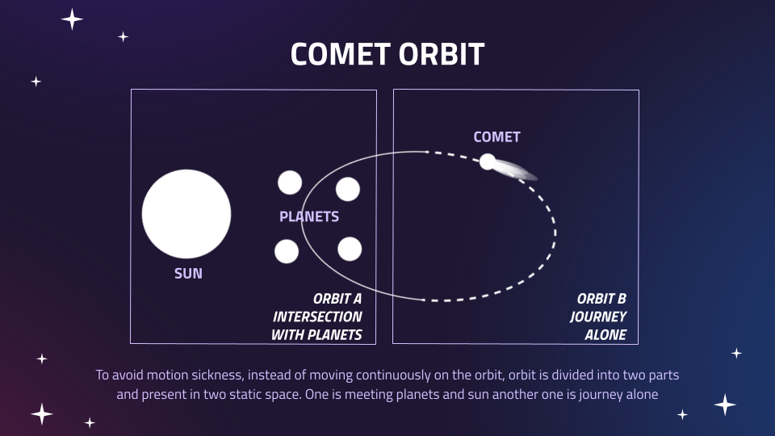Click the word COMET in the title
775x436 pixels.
pos(340,54)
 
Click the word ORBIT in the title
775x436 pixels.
pos(442,54)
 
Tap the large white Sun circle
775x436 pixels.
pos(186,214)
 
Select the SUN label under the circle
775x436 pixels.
pos(188,274)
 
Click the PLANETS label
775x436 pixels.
pos(309,216)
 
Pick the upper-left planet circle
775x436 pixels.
pos(290,183)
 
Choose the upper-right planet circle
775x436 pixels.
pos(347,189)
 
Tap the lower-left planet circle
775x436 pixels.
pos(286,251)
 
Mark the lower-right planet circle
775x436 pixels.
pos(350,249)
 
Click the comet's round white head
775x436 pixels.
pos(488,161)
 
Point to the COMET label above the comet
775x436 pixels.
pos(496,137)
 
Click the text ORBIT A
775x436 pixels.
pos(337,299)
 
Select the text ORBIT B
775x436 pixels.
pos(601,299)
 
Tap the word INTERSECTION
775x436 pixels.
pos(317,317)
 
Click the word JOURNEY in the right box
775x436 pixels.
pos(598,317)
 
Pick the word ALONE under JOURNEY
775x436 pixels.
pos(605,334)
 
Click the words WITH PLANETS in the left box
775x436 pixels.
pos(316,334)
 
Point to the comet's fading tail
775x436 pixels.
pos(517,170)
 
